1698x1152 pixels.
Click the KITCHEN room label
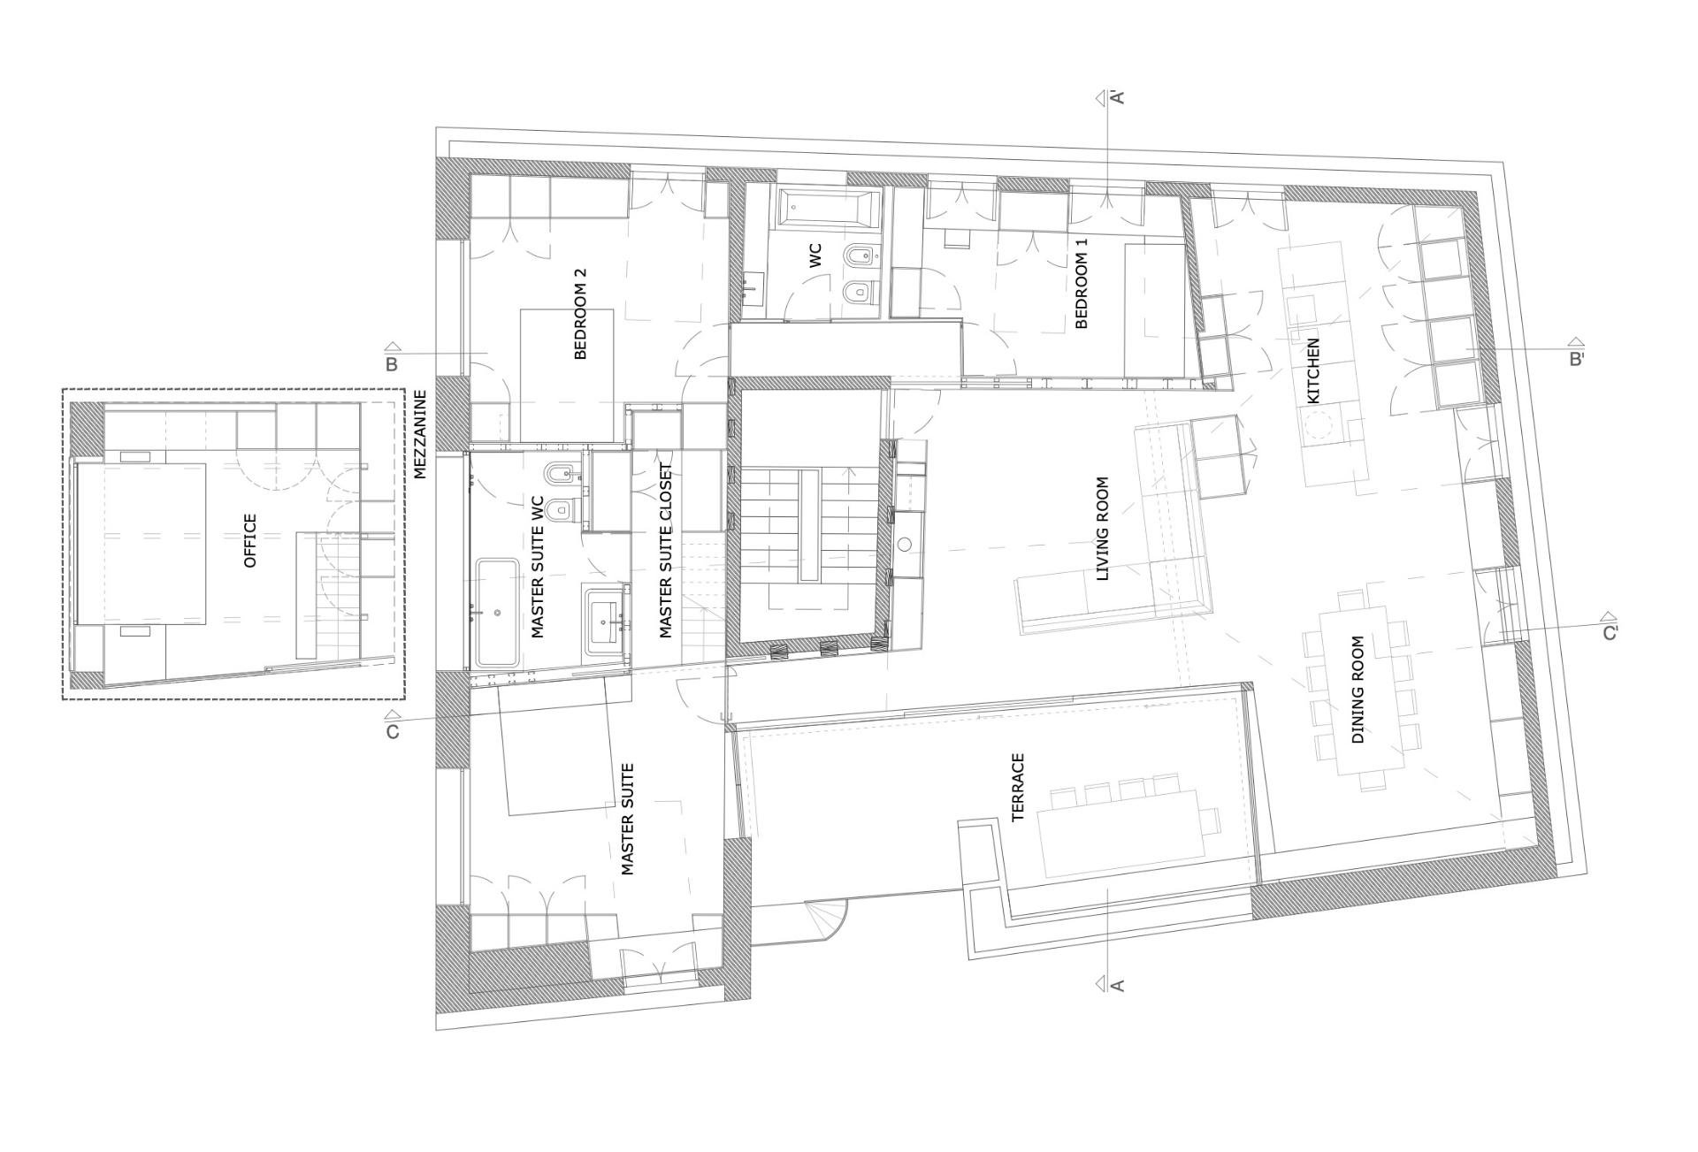coord(1313,370)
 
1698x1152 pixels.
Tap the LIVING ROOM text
coord(1102,529)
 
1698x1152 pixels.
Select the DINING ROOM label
coord(1358,690)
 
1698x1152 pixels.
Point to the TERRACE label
coord(1018,787)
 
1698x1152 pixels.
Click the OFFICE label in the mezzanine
coord(250,540)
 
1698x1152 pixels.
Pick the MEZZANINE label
coord(420,434)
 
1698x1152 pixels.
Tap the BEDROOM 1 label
coord(1081,283)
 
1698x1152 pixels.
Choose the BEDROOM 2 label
coord(580,314)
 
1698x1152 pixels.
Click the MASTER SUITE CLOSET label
coord(666,551)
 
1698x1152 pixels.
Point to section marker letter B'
coord(1576,360)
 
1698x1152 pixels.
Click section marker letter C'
coord(1610,633)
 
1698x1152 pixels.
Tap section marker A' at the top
coord(1117,97)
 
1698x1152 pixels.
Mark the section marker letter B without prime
coord(392,363)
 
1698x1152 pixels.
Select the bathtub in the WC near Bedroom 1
coord(830,208)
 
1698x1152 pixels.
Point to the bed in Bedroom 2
coord(567,375)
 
